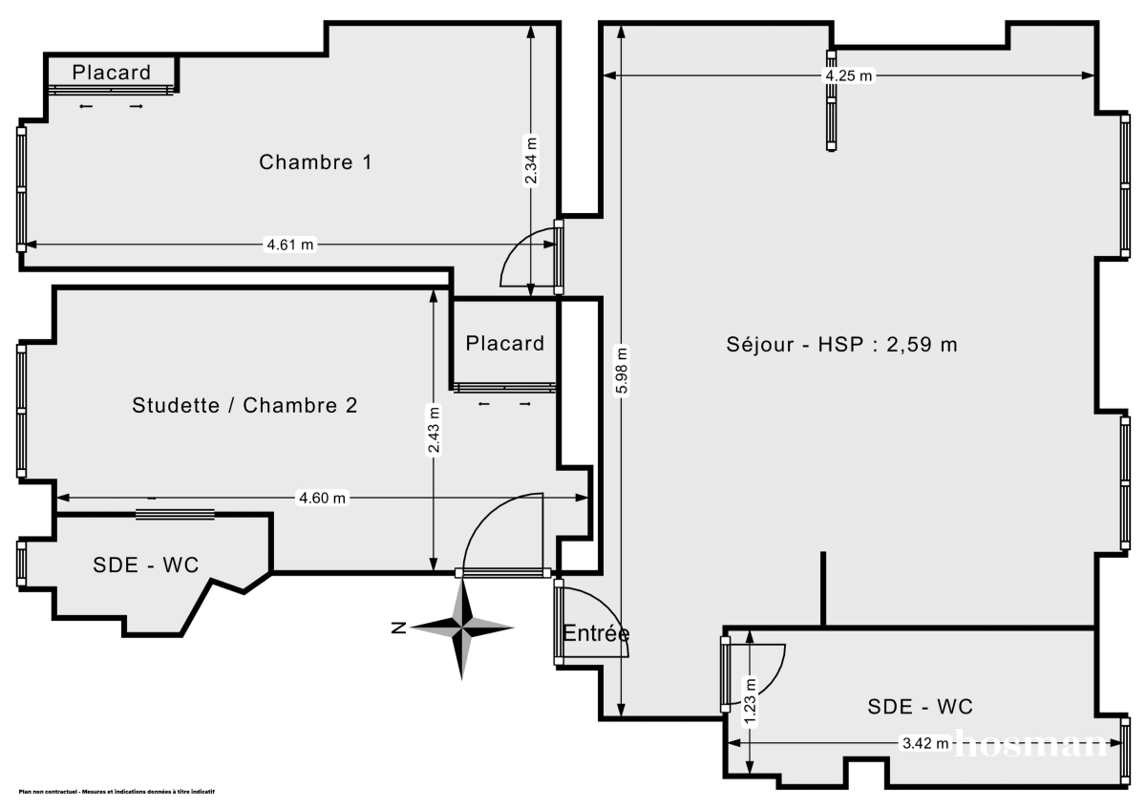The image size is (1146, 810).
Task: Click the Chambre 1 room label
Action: coord(315,162)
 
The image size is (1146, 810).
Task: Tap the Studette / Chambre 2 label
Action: coord(244,405)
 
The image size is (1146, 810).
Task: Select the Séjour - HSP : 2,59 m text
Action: coord(841,345)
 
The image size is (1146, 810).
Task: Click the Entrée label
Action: coord(596,633)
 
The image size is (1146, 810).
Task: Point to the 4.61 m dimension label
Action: coord(289,245)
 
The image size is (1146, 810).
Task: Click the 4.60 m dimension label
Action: coord(322,498)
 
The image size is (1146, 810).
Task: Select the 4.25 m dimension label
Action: coord(849,76)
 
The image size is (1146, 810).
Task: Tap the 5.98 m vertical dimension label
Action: coord(622,372)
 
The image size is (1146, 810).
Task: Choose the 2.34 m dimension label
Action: coord(532,160)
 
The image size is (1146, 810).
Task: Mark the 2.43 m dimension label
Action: coord(434,431)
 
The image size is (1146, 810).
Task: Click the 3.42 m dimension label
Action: coord(925,743)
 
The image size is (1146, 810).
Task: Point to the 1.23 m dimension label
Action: coord(751,702)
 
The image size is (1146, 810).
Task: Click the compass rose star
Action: coord(463,628)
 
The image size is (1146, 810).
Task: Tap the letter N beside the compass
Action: coord(400,628)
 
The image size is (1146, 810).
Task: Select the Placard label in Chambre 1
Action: coord(112,72)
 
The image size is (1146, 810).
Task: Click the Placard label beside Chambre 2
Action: coord(505,343)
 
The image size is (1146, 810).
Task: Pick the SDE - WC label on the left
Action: coord(146,565)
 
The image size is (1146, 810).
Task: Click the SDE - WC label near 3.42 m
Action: coord(920,706)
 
